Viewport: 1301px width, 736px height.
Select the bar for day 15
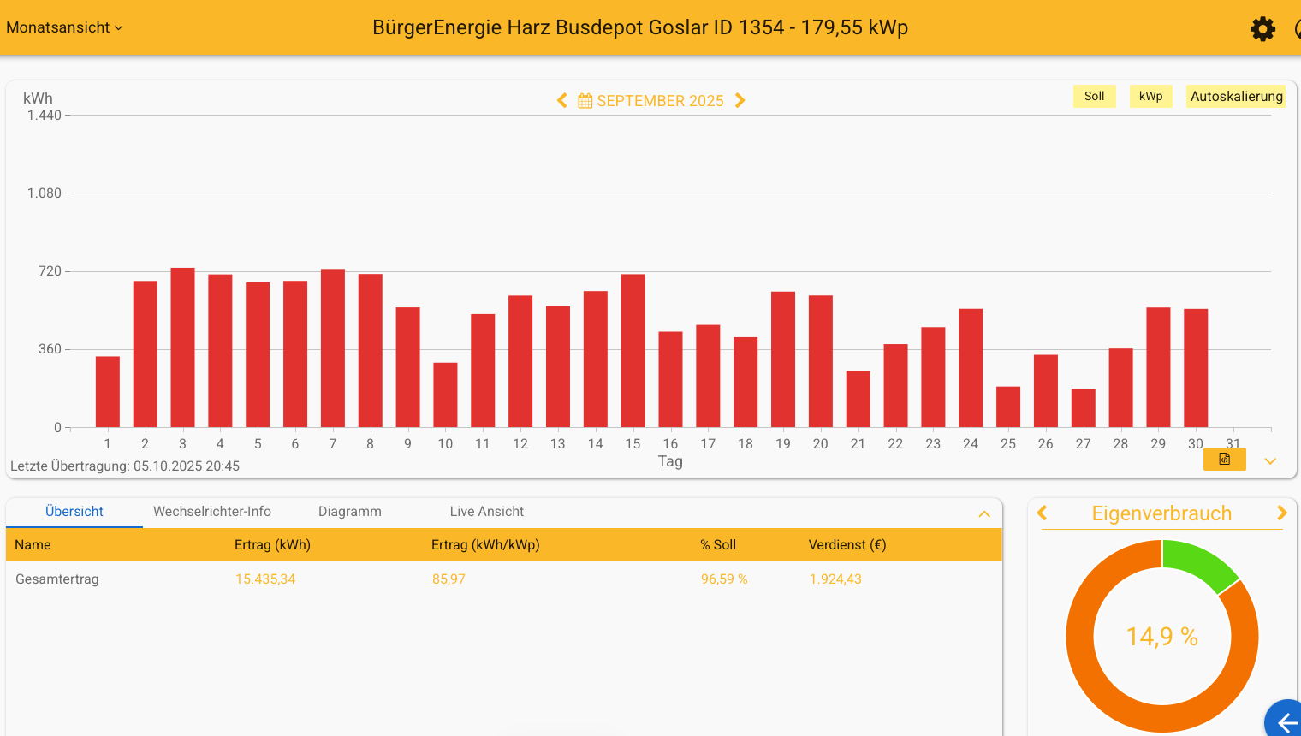coord(633,351)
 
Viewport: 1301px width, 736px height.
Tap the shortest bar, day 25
coord(1008,407)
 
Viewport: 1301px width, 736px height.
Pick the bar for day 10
coord(445,395)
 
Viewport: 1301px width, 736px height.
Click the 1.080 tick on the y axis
coord(45,193)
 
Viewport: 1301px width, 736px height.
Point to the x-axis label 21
coord(858,444)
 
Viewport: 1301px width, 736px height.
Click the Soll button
coord(1094,97)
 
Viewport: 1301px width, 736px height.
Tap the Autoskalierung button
coord(1236,97)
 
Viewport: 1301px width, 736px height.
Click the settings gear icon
coord(1262,29)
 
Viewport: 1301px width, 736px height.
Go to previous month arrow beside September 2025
coord(562,101)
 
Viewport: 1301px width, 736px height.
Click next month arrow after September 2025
coord(740,101)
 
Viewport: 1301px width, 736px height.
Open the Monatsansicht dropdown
coord(64,27)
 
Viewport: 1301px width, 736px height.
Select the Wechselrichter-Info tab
coord(212,512)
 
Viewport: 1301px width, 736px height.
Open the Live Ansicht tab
coord(486,512)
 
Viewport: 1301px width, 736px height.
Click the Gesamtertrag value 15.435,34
coord(265,579)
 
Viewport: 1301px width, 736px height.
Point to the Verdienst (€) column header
coord(847,545)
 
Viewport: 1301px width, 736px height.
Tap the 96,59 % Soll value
coord(724,579)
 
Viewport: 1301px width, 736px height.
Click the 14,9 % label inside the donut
coord(1161,637)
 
